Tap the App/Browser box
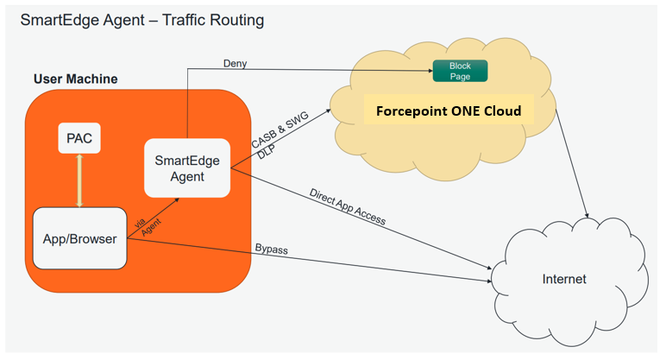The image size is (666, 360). (79, 237)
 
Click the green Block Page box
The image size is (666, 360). (460, 71)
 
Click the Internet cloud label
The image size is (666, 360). (563, 279)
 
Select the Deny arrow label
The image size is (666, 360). (235, 63)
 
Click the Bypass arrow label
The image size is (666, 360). (271, 249)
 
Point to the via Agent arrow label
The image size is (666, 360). (148, 226)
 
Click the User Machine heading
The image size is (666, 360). (75, 79)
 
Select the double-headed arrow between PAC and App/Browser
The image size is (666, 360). (79, 180)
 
